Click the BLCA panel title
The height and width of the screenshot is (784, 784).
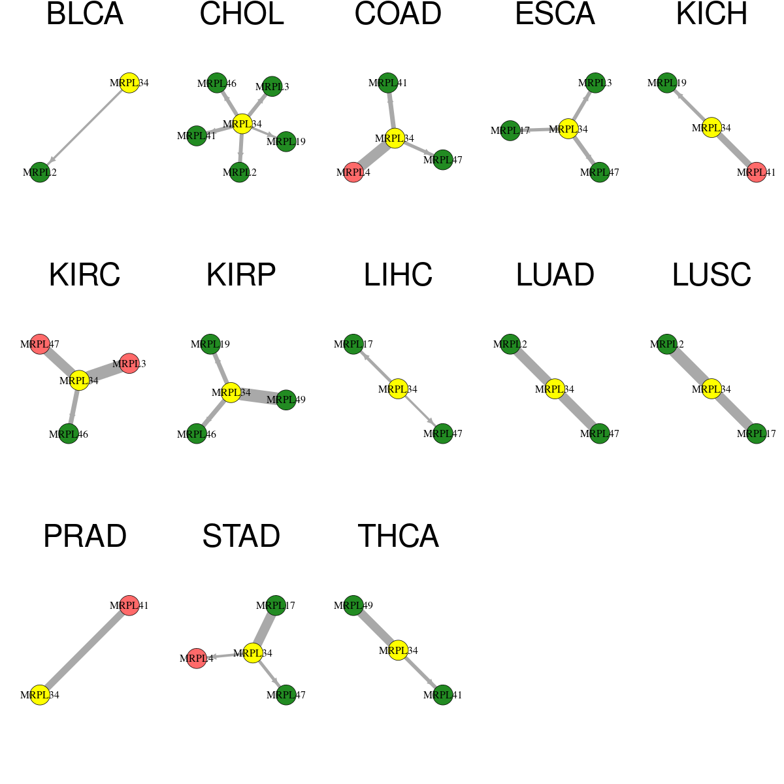click(x=85, y=14)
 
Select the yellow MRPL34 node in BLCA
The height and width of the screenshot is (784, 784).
click(x=129, y=82)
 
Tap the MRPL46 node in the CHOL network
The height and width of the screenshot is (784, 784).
click(x=217, y=83)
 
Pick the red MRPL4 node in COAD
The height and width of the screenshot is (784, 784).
click(x=353, y=172)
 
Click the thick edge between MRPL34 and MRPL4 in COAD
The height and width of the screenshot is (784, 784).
click(x=374, y=155)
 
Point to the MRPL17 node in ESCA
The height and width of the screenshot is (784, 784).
click(x=510, y=131)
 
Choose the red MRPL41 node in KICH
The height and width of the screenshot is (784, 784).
click(x=757, y=172)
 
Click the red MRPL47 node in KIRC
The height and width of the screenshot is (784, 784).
click(x=40, y=344)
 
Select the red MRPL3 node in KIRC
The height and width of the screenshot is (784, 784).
click(x=129, y=363)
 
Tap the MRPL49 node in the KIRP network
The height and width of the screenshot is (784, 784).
click(x=286, y=400)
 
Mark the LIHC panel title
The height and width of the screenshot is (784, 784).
click(x=398, y=275)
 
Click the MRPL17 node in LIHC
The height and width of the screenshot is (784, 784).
click(x=353, y=344)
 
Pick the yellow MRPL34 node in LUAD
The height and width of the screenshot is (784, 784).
click(x=555, y=389)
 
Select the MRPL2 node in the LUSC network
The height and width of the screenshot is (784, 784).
click(x=667, y=344)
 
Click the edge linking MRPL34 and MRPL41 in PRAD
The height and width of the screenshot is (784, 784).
click(x=85, y=649)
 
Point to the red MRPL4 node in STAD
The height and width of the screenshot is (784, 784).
click(x=197, y=658)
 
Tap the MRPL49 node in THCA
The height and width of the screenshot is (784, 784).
click(x=353, y=605)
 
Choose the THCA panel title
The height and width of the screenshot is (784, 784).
click(x=398, y=536)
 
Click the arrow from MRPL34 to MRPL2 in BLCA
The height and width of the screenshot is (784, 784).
click(x=85, y=127)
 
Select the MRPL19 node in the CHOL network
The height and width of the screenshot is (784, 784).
click(x=286, y=141)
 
